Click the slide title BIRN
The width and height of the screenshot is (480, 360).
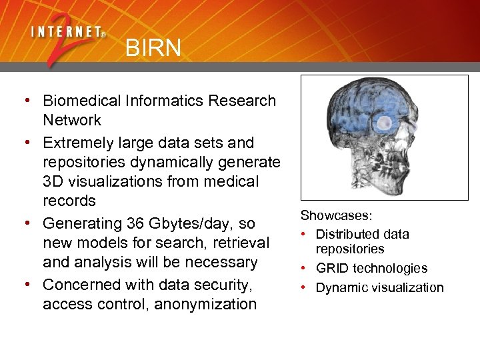153,47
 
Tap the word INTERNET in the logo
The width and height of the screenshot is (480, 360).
65,31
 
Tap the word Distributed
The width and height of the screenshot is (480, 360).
347,234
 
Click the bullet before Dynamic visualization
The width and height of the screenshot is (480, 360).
305,287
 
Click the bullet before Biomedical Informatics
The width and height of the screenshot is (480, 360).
27,101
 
